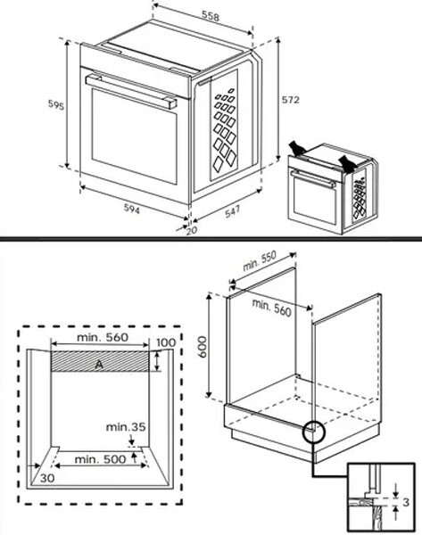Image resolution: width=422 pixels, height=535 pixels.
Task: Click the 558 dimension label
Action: coord(210,17)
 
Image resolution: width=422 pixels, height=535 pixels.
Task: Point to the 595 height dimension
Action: coord(55,105)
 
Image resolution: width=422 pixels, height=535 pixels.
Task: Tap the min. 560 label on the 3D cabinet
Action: coord(271,306)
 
